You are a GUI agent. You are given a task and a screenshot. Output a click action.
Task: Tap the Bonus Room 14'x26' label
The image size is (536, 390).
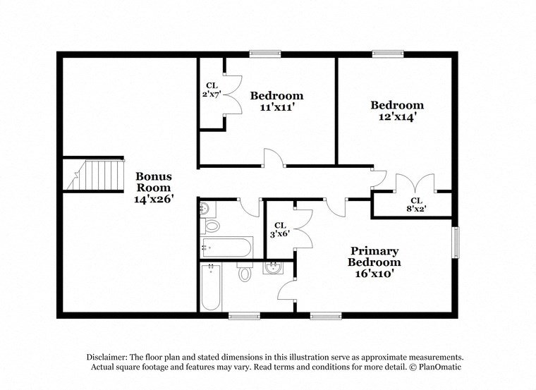pos(153,188)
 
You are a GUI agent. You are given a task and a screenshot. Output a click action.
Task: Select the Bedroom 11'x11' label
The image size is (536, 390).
pos(276,102)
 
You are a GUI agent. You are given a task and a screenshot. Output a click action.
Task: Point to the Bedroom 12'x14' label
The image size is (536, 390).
pos(398,111)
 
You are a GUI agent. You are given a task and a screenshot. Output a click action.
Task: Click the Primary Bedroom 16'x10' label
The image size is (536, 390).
pos(374,262)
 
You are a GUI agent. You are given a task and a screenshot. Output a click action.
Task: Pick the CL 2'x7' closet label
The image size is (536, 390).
pos(212,89)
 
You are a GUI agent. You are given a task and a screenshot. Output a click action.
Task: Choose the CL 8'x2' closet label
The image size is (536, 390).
pos(416,204)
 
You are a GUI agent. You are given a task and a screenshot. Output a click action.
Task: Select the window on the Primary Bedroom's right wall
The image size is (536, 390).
pos(455,242)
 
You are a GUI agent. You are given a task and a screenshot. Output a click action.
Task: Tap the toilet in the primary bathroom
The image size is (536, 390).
pos(245,272)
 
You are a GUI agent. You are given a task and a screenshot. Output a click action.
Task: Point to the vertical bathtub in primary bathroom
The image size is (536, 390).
pos(212,288)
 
